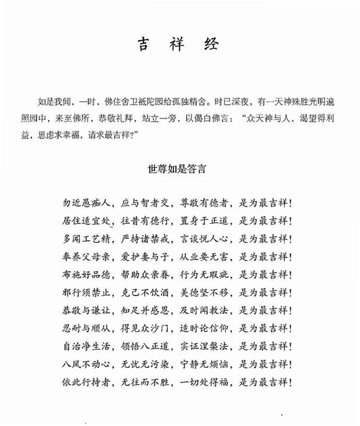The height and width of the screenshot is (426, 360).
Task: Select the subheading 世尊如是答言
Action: (179, 169)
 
